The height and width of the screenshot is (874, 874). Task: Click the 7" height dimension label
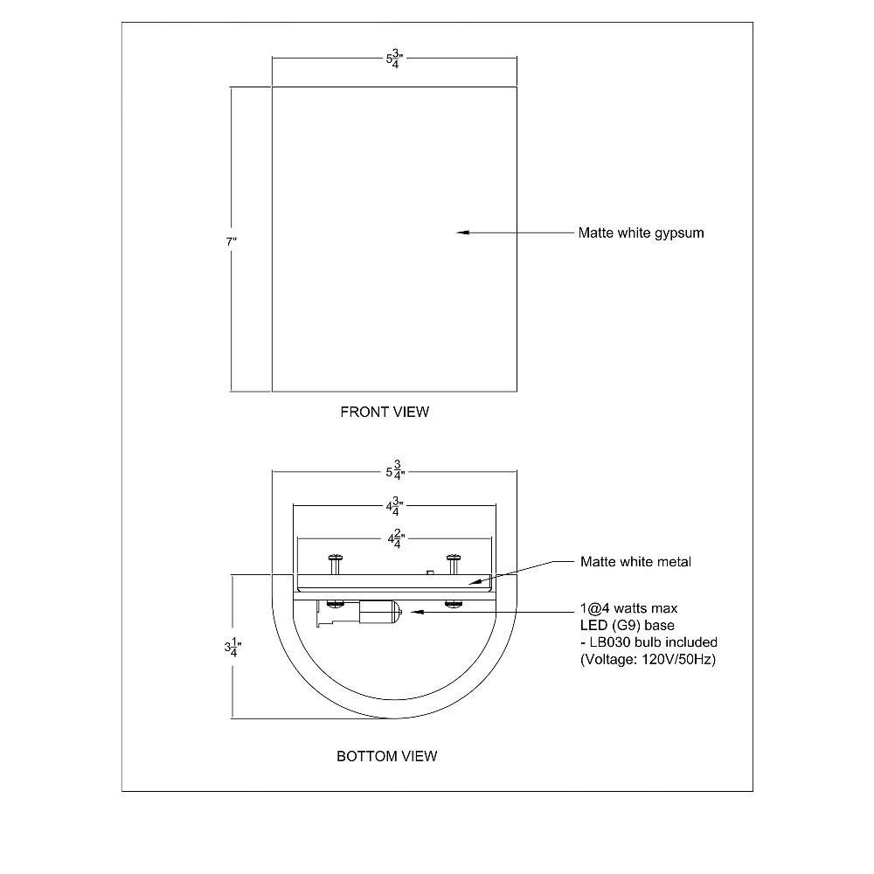tap(232, 242)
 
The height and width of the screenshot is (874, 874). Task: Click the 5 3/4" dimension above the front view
tap(395, 59)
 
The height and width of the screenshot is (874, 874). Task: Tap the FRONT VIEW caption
tap(385, 412)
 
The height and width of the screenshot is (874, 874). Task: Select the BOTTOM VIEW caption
tap(387, 756)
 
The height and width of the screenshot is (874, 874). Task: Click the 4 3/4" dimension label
tap(395, 506)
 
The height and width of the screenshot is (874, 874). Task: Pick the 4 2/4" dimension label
tap(396, 539)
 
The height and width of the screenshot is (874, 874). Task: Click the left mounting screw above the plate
tap(336, 564)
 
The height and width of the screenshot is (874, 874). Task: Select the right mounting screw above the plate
tap(454, 564)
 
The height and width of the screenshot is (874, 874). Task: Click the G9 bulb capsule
tap(379, 613)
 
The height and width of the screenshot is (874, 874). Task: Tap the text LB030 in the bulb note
tap(610, 642)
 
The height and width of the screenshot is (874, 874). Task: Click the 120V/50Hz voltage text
tap(676, 660)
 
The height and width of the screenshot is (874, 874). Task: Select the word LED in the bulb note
tap(593, 626)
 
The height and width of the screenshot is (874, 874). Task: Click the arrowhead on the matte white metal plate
tap(474, 582)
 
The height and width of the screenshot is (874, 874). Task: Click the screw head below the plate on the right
tap(454, 603)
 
